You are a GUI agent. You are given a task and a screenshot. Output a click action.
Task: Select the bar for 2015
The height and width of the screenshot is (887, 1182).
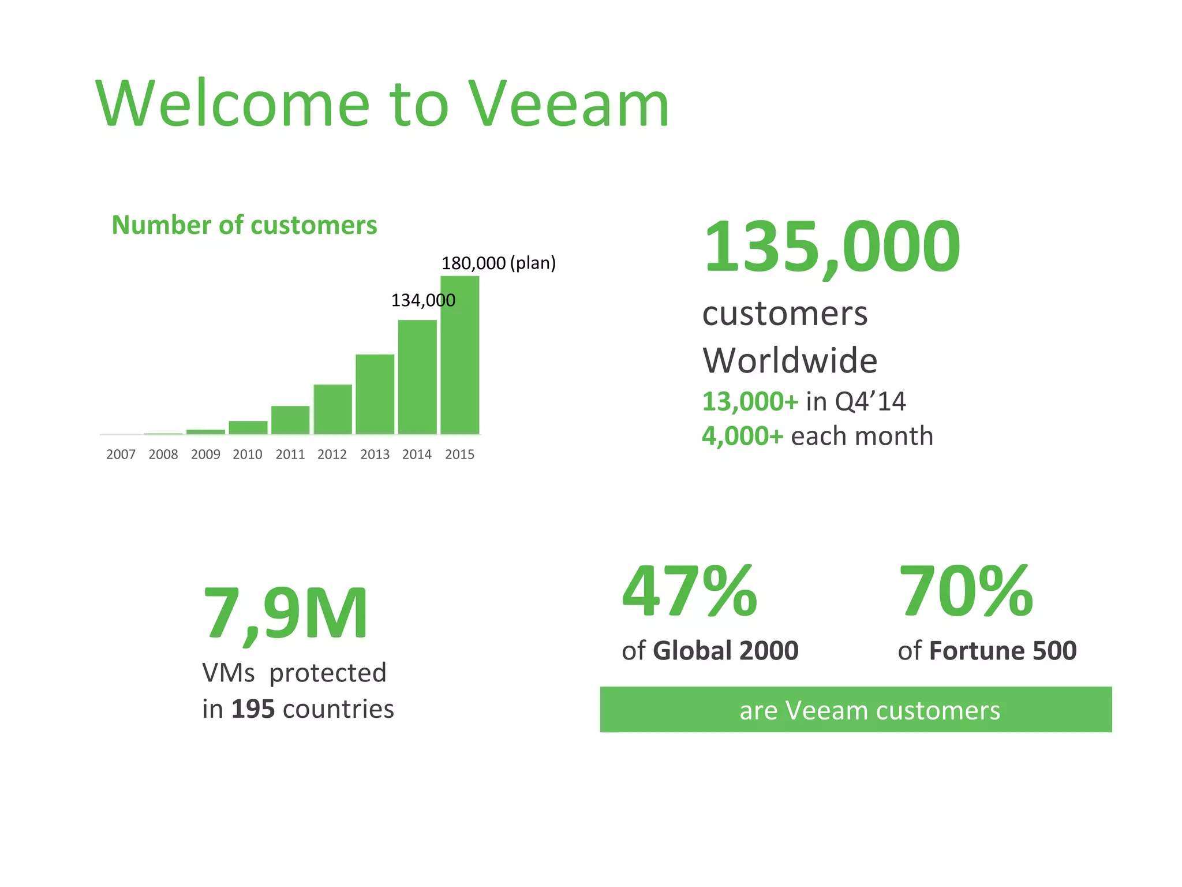point(459,355)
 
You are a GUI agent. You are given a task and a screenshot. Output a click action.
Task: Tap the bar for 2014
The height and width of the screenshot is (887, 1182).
point(417,377)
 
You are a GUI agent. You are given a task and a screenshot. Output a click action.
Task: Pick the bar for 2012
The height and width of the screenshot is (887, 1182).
point(332,409)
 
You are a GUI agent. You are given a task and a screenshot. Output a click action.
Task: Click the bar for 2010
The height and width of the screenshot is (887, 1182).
point(248,427)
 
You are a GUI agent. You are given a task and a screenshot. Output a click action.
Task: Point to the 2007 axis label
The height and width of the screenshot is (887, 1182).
point(121,454)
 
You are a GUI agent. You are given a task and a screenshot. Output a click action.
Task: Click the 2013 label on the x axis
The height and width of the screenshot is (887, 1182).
point(375,454)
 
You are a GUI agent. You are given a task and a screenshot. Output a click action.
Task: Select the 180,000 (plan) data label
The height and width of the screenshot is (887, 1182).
point(498,263)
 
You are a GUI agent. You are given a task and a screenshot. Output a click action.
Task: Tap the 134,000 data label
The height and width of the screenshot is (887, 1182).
point(423,300)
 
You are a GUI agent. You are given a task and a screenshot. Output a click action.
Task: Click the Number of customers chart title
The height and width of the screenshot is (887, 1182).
point(244,225)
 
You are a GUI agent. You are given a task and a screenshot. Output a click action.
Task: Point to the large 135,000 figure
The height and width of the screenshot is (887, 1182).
point(832,247)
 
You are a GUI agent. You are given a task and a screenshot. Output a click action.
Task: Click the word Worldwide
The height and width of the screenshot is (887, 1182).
point(790,361)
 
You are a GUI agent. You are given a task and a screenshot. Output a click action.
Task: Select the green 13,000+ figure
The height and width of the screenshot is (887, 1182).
point(750,401)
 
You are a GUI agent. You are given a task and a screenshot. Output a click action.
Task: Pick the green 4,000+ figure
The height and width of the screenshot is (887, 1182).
point(742,436)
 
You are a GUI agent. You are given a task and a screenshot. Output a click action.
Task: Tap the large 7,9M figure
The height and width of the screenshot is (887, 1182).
point(285,613)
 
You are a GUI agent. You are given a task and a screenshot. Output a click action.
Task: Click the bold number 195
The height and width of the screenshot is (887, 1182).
point(253,709)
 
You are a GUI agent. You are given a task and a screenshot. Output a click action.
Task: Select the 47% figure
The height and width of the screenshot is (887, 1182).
point(689,592)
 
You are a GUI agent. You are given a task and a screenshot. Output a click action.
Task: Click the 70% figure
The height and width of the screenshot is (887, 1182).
point(966,592)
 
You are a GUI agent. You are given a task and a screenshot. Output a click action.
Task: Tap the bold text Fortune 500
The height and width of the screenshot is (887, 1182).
point(1003,651)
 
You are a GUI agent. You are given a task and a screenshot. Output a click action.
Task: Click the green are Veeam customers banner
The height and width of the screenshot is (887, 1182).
point(855,710)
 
